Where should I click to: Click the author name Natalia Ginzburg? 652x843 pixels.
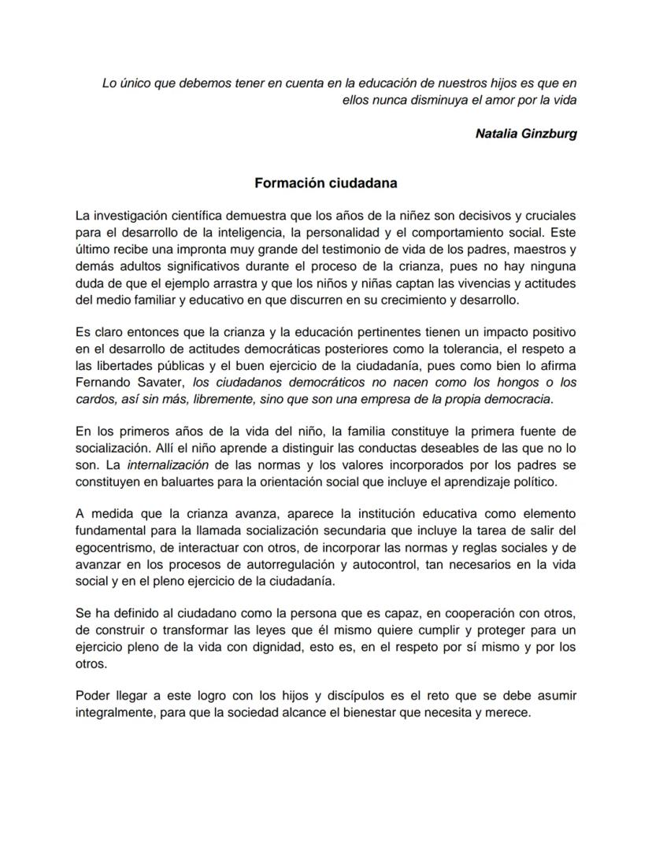coord(526,134)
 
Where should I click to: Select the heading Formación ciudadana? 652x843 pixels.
coord(325,183)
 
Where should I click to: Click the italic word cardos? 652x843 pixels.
coord(94,399)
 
